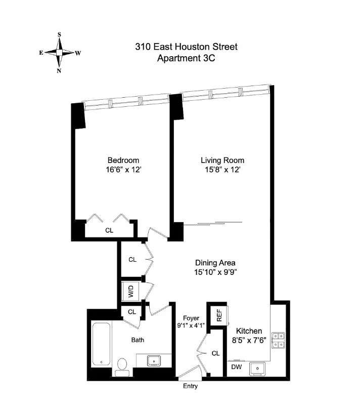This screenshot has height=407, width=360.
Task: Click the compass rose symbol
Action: (59, 53)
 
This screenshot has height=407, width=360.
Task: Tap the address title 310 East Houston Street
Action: (186, 47)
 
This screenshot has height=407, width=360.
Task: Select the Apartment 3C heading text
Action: (186, 58)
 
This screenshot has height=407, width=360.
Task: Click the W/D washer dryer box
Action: (130, 292)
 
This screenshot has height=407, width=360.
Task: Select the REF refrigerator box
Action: (219, 315)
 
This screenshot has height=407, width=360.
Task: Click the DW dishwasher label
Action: (236, 367)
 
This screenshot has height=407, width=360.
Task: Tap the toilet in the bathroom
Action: (122, 366)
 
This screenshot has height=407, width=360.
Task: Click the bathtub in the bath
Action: (101, 345)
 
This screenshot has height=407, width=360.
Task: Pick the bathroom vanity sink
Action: (153, 360)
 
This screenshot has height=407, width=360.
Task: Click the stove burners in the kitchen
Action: (278, 341)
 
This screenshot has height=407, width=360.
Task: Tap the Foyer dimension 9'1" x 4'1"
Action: (190, 325)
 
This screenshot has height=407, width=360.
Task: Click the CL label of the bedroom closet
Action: (109, 230)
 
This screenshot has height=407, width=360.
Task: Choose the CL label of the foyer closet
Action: (215, 353)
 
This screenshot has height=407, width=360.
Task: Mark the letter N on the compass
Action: (59, 70)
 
